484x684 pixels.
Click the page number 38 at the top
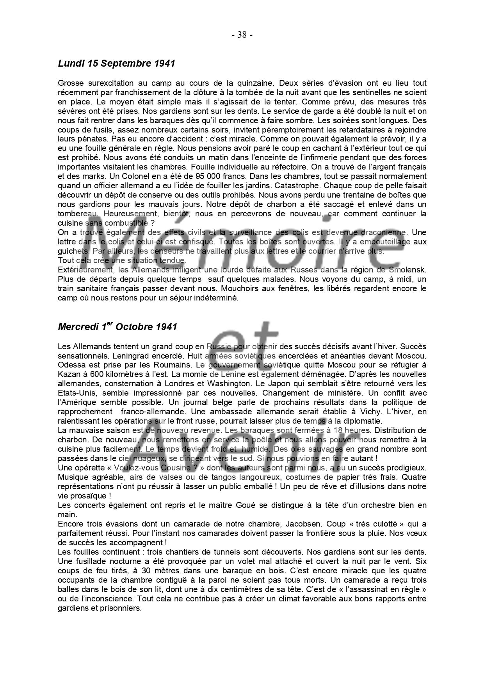(x=242, y=35)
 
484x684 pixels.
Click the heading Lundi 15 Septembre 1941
(x=116, y=63)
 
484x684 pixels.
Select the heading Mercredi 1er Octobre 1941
(x=117, y=327)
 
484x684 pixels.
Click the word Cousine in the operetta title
(x=174, y=468)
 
